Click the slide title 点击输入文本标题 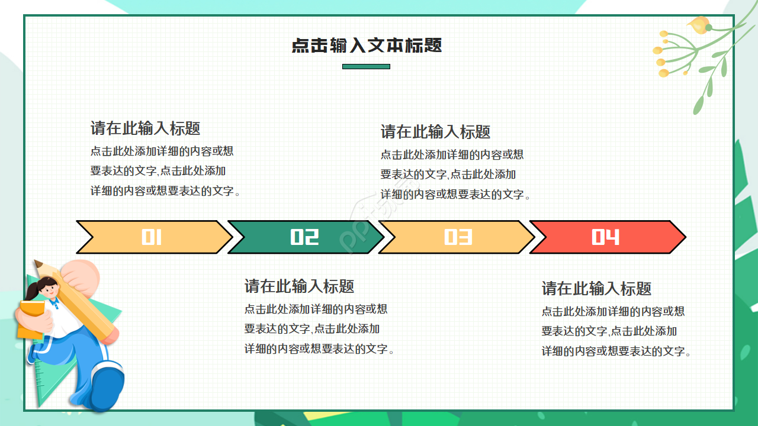[x=367, y=46]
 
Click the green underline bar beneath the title [x=366, y=66]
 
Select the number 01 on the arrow [x=152, y=237]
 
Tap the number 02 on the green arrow [x=304, y=237]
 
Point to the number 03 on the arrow [x=458, y=237]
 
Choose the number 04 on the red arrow [x=605, y=237]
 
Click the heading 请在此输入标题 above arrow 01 [x=145, y=128]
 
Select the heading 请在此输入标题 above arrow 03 [x=435, y=131]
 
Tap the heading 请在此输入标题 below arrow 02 [x=299, y=286]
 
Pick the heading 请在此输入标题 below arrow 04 [x=596, y=289]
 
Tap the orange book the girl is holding [x=30, y=319]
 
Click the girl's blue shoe [x=107, y=388]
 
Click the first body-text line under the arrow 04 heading [x=613, y=311]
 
